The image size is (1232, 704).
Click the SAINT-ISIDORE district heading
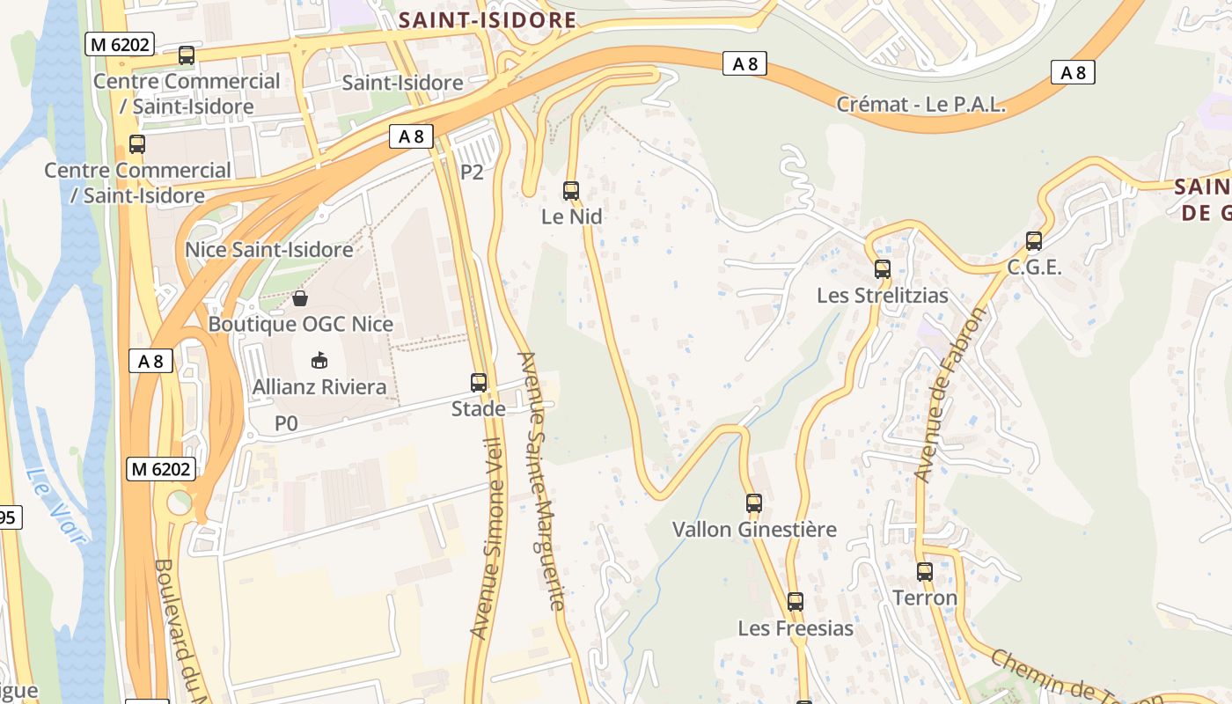[488, 20]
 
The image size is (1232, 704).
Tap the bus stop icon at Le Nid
[571, 190]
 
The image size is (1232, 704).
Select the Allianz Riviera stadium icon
[319, 361]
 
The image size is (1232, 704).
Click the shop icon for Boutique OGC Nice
[300, 298]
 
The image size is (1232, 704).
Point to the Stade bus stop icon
[479, 383]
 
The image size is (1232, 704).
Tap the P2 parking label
[472, 172]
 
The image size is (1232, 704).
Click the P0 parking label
[286, 424]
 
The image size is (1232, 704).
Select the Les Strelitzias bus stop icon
[883, 269]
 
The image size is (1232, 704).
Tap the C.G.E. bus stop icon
[1034, 241]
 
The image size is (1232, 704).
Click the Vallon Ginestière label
[754, 530]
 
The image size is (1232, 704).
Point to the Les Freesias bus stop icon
[796, 602]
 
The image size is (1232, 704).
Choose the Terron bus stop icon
[925, 572]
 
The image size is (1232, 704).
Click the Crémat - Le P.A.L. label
[920, 105]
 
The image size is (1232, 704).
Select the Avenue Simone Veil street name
[489, 537]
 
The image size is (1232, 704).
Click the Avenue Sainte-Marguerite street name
[542, 481]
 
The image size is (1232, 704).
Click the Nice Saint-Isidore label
[268, 250]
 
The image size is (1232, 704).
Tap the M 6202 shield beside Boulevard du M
[160, 469]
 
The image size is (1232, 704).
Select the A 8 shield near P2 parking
[411, 136]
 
